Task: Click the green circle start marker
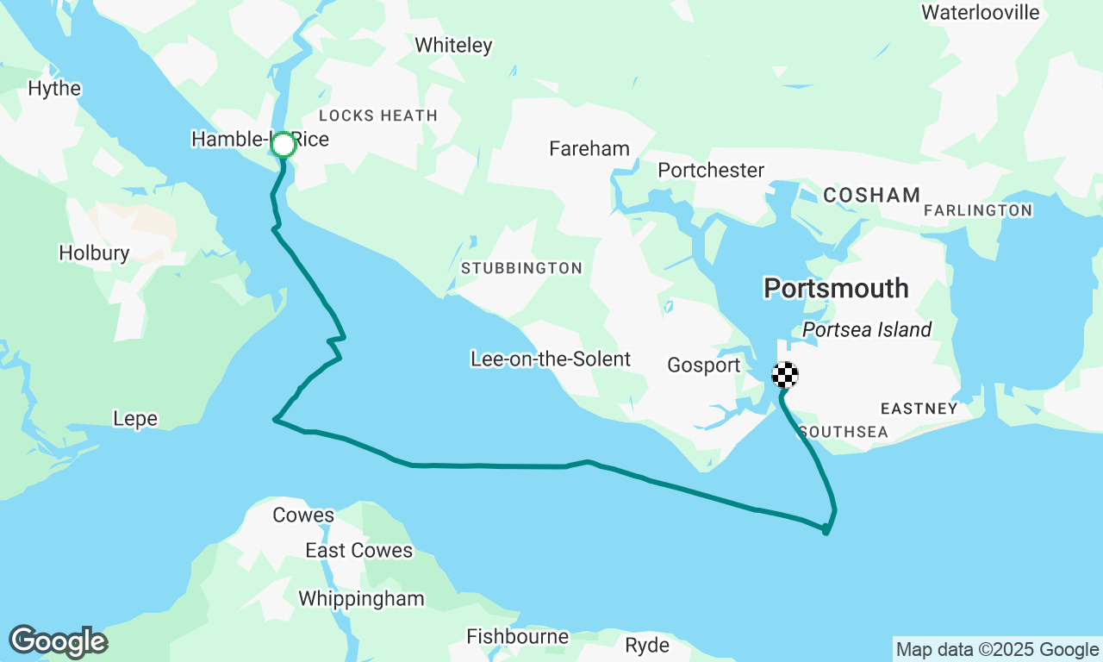pyautogui.click(x=284, y=145)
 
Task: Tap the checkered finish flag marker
pyautogui.click(x=784, y=375)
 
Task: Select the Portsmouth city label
pyautogui.click(x=836, y=288)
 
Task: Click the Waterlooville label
pyautogui.click(x=980, y=12)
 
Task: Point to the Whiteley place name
pyautogui.click(x=453, y=45)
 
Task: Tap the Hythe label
pyautogui.click(x=54, y=89)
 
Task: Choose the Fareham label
pyautogui.click(x=589, y=149)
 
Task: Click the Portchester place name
pyautogui.click(x=711, y=170)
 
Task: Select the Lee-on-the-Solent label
pyautogui.click(x=551, y=359)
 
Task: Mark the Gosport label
pyautogui.click(x=704, y=365)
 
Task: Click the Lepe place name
pyautogui.click(x=135, y=419)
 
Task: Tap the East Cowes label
pyautogui.click(x=358, y=550)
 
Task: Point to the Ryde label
pyautogui.click(x=646, y=645)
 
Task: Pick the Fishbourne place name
pyautogui.click(x=517, y=637)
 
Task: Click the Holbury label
pyautogui.click(x=94, y=253)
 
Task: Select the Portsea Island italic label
pyautogui.click(x=867, y=329)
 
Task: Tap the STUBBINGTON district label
pyautogui.click(x=521, y=268)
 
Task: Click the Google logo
pyautogui.click(x=58, y=642)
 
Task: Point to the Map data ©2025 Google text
pyautogui.click(x=997, y=649)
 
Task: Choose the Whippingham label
pyautogui.click(x=361, y=598)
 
